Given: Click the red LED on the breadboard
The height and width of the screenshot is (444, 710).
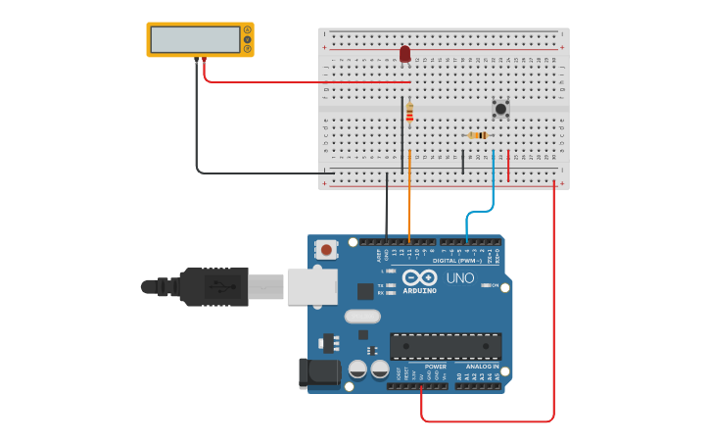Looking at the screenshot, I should (404, 53).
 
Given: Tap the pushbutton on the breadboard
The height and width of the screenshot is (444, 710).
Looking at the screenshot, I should (500, 109).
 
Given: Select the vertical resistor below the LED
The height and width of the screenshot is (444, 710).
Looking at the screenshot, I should (409, 113).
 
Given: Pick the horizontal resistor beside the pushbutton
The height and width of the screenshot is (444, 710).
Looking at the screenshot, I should (478, 135).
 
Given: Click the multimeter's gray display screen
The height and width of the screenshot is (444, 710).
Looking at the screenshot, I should (195, 39).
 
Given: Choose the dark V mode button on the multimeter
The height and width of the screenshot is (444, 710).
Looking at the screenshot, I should (248, 39).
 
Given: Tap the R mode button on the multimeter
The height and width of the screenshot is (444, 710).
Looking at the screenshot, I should (248, 49).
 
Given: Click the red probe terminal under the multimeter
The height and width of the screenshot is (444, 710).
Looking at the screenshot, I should (204, 60).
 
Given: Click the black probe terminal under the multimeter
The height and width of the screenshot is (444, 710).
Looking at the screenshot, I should (196, 60).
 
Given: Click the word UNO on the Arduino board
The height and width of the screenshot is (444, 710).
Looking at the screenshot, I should (460, 278).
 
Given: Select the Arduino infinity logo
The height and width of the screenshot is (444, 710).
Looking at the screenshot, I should (418, 277).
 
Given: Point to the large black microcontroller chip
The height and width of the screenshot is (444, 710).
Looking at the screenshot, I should (446, 345).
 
